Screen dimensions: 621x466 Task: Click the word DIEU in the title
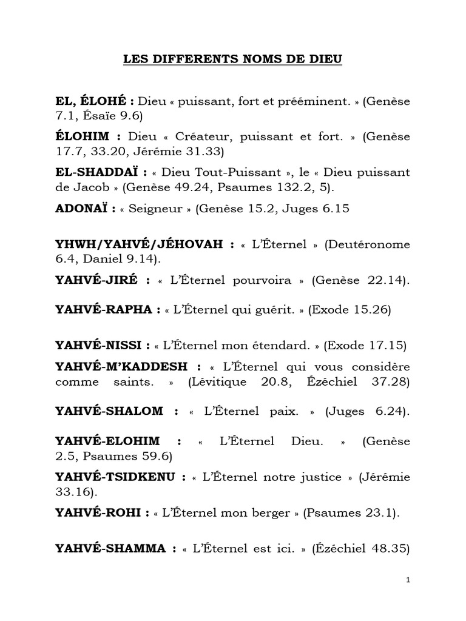(325, 59)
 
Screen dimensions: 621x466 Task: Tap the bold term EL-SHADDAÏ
(97, 173)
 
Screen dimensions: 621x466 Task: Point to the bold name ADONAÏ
(82, 208)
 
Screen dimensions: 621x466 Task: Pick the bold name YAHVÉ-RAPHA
(106, 309)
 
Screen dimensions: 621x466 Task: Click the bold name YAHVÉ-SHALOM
(110, 411)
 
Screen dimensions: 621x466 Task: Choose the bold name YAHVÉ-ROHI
(99, 513)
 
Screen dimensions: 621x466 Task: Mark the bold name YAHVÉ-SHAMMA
(111, 549)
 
